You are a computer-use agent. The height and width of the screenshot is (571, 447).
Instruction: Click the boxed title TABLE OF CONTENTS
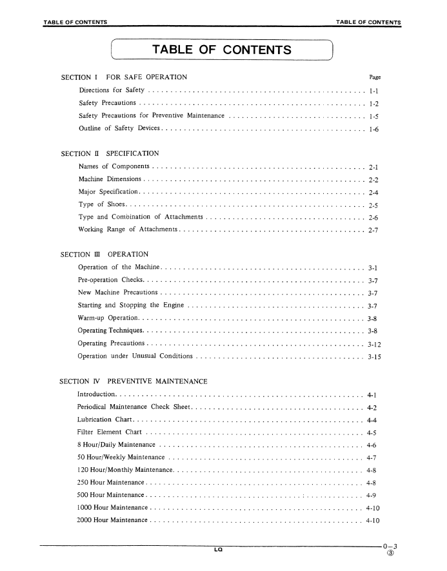221,50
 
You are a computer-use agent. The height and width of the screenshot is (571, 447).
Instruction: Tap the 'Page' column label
374,77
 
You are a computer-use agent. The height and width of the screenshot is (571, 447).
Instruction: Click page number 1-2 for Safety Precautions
373,103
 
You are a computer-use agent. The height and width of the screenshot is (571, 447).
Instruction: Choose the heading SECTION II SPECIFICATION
110,154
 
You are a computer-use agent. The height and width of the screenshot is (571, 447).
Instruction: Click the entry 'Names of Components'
115,167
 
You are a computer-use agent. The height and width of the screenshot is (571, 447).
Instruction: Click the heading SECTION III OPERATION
104,255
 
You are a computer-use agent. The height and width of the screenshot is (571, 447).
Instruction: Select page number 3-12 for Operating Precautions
374,344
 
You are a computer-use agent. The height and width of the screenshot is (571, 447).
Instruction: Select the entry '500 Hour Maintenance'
110,495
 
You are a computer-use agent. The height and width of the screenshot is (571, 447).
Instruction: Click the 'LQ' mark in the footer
219,550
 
